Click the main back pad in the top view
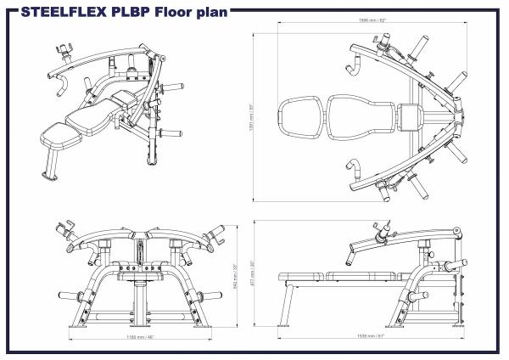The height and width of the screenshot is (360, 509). pos(360,115)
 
